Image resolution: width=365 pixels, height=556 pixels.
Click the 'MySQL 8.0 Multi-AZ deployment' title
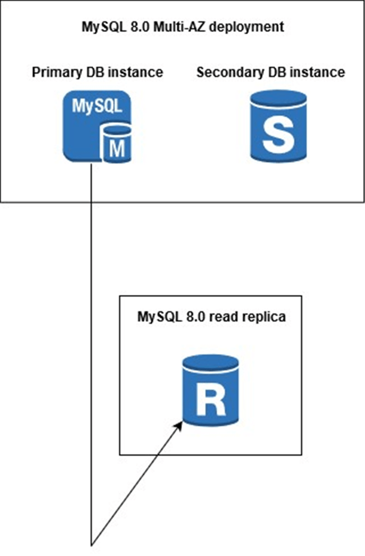coord(181,26)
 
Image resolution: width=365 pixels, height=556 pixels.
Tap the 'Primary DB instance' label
coord(98,72)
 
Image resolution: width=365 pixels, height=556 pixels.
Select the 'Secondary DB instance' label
coord(271,72)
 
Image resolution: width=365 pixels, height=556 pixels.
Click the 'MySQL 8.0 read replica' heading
coord(212,316)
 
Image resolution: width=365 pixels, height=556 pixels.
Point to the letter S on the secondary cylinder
coord(279,134)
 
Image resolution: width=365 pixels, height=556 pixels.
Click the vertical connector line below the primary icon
coord(91,337)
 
